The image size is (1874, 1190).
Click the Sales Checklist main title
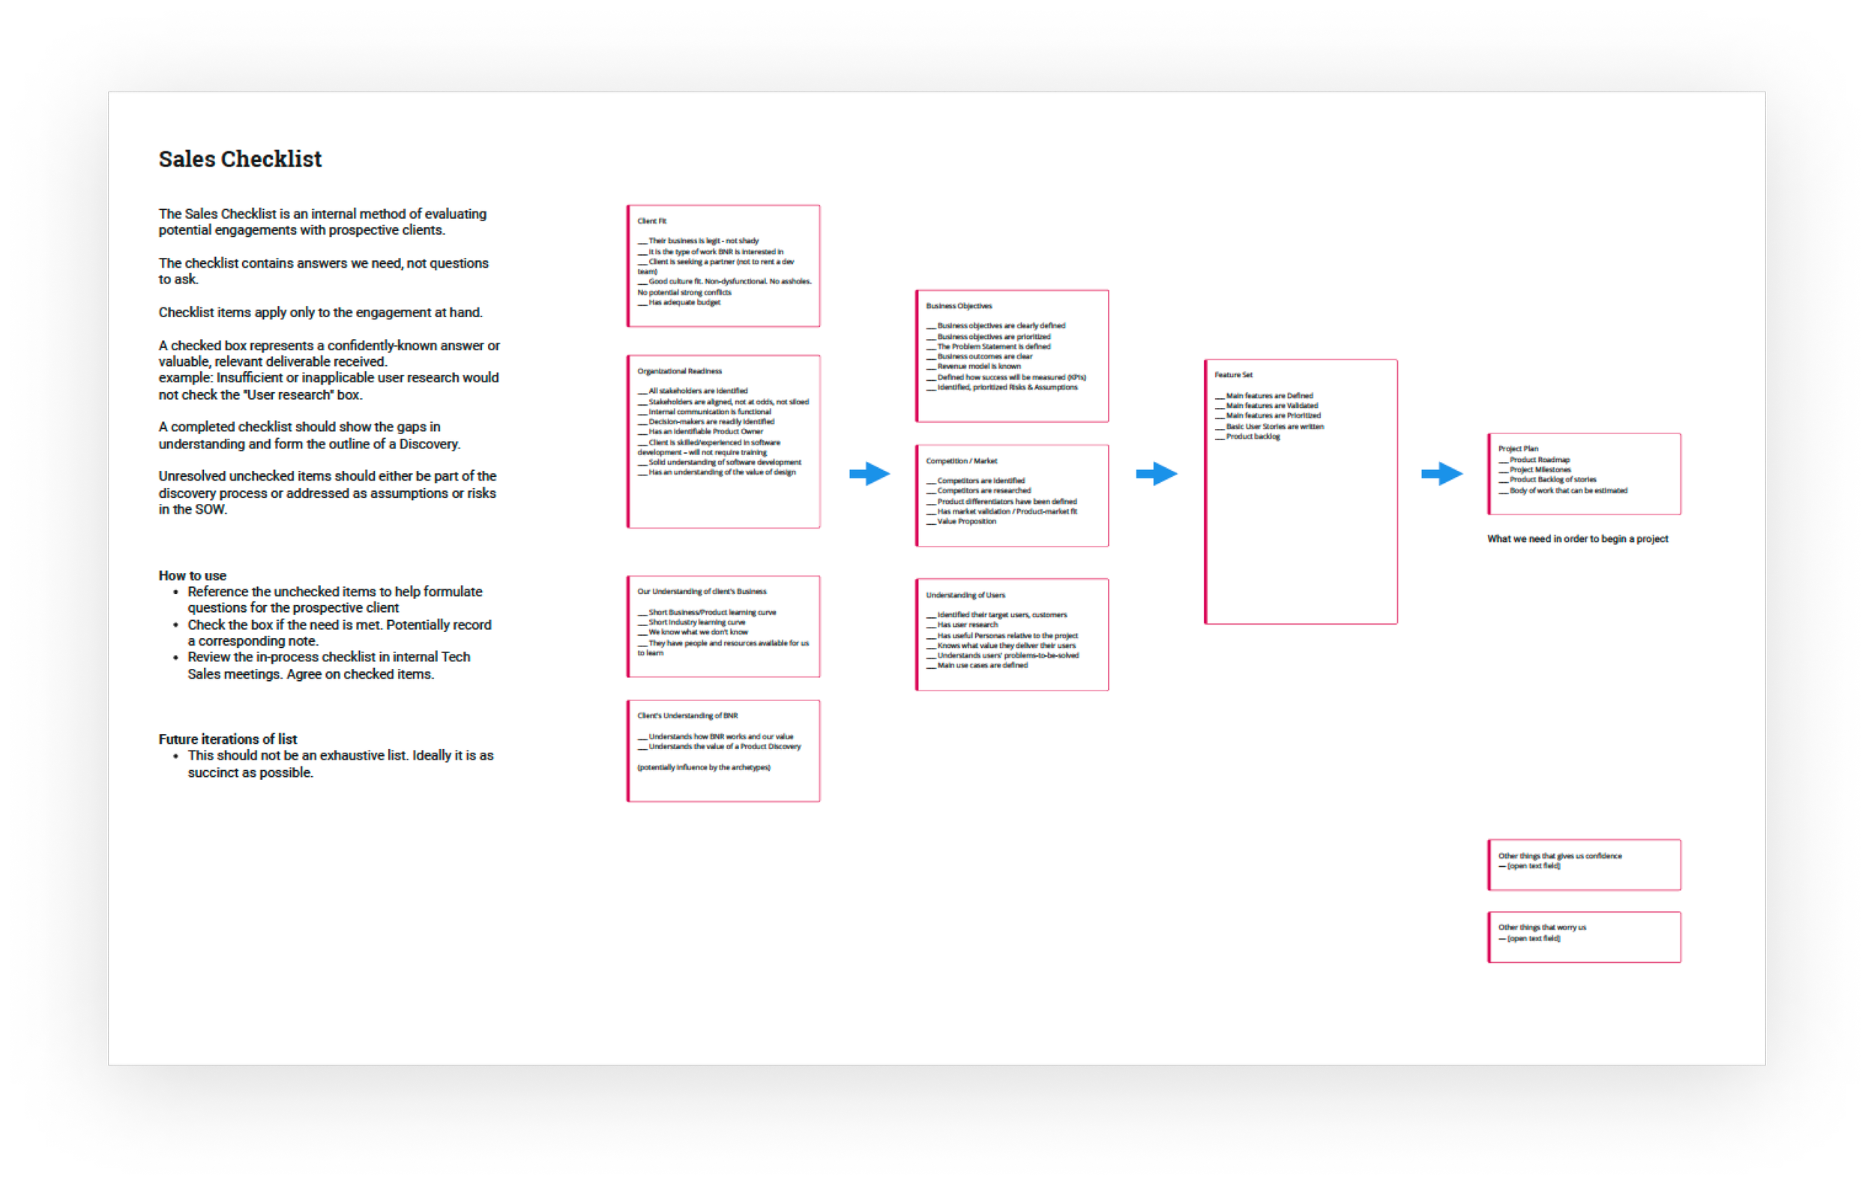[x=240, y=159]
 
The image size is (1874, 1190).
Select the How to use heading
[x=192, y=575]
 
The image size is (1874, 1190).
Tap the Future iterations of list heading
[x=227, y=739]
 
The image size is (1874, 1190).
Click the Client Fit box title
[x=651, y=221]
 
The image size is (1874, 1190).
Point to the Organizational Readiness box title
[x=678, y=371]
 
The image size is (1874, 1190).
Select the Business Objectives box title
[x=958, y=306]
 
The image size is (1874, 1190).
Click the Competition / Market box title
[x=961, y=460]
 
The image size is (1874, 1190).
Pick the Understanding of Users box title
[x=965, y=595]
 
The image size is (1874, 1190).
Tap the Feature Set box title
[x=1234, y=374]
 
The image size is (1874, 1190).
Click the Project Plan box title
[x=1518, y=448]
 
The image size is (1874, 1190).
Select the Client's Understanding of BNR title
[x=687, y=715]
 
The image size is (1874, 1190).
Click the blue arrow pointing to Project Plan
[x=1441, y=473]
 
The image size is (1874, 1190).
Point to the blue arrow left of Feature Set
[x=1157, y=473]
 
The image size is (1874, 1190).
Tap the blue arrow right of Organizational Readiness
[x=870, y=473]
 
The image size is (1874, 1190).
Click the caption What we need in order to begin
[x=1576, y=538]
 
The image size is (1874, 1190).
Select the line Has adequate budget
[x=684, y=302]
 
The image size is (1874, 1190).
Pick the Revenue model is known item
[x=978, y=366]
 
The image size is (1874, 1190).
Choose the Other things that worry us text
[x=1542, y=927]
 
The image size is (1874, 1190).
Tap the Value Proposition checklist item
[x=965, y=521]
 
